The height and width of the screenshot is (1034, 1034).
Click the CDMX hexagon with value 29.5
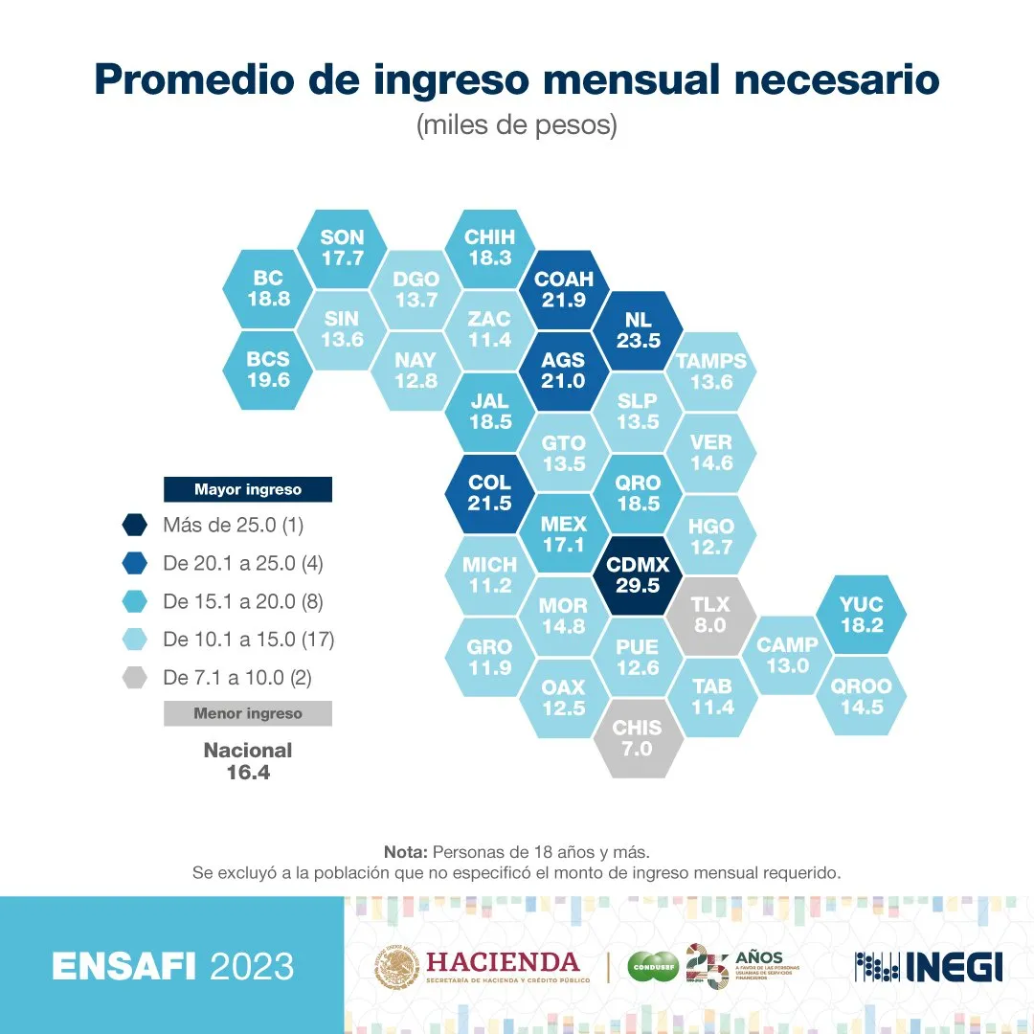(x=638, y=574)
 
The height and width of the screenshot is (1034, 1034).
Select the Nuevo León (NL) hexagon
(x=638, y=329)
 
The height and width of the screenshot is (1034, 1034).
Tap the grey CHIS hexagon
(x=638, y=738)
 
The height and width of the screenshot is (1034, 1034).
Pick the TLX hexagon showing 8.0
(x=710, y=615)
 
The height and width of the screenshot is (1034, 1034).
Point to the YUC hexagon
(x=861, y=615)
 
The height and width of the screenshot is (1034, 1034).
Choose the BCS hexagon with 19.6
(x=268, y=371)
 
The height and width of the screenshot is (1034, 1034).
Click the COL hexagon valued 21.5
(x=489, y=493)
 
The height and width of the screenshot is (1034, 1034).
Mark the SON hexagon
(x=342, y=247)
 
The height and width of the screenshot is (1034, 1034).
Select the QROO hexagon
(x=861, y=696)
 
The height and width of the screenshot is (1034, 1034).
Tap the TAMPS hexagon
(x=710, y=371)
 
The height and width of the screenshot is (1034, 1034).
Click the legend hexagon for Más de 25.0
(x=135, y=525)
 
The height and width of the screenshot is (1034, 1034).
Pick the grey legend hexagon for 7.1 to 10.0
(x=135, y=678)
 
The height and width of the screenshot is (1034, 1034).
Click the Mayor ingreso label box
(x=247, y=489)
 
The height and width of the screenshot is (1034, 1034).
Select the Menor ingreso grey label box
(x=247, y=713)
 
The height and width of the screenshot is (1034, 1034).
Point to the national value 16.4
(x=248, y=772)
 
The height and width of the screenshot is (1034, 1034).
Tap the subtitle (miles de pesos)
(x=516, y=125)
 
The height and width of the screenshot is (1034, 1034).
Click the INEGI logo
(x=929, y=966)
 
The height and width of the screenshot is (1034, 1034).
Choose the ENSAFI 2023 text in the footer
(x=172, y=966)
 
